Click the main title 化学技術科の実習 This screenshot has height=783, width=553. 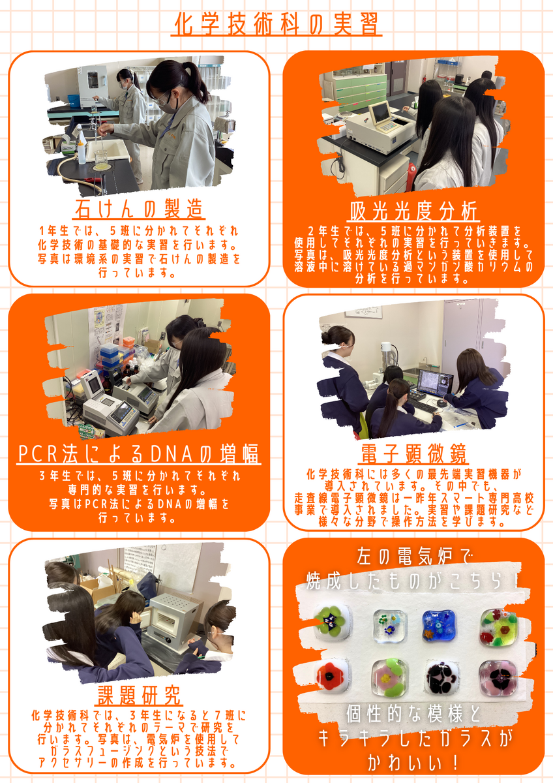coord(276,24)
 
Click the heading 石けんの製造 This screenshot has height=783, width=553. coord(139,209)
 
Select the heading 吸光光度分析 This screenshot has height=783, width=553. coord(413,211)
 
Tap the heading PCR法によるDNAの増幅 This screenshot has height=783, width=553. coord(139,453)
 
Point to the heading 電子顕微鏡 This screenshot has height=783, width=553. coord(413,453)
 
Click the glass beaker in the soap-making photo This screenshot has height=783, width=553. coord(101,160)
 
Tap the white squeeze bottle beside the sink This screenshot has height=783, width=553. coord(82,151)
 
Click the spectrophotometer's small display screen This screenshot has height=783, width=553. coord(380,113)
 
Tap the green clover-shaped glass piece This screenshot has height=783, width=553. coord(331,624)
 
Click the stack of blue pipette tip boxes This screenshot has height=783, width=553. coord(110,355)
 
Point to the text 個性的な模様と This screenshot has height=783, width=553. coord(413,714)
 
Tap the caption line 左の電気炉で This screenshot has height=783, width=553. coord(413,557)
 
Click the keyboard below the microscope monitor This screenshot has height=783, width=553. coord(423,405)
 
